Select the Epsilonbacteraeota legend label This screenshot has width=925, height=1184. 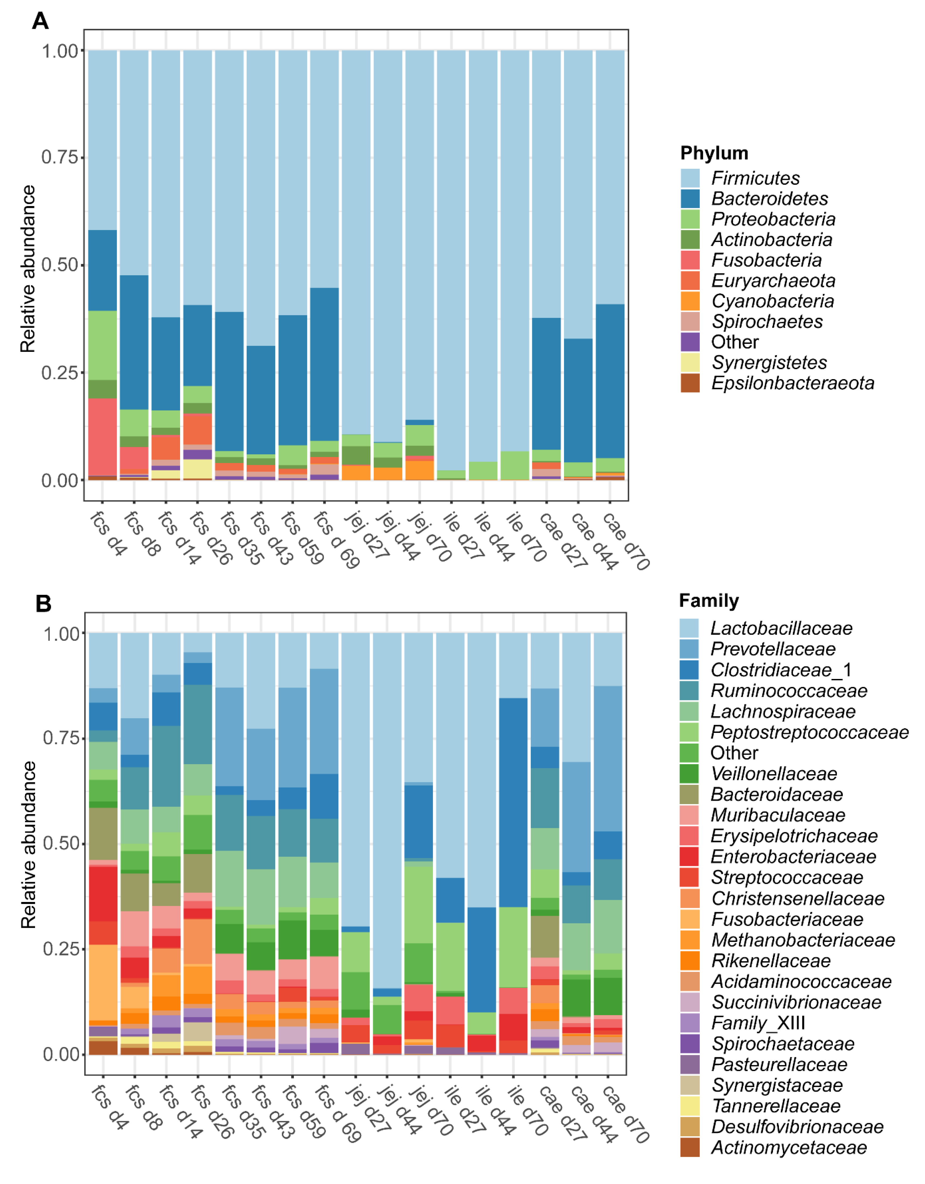792,383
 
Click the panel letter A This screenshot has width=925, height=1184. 41,21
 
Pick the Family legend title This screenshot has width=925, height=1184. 709,601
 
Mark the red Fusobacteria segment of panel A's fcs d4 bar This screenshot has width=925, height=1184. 102,436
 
